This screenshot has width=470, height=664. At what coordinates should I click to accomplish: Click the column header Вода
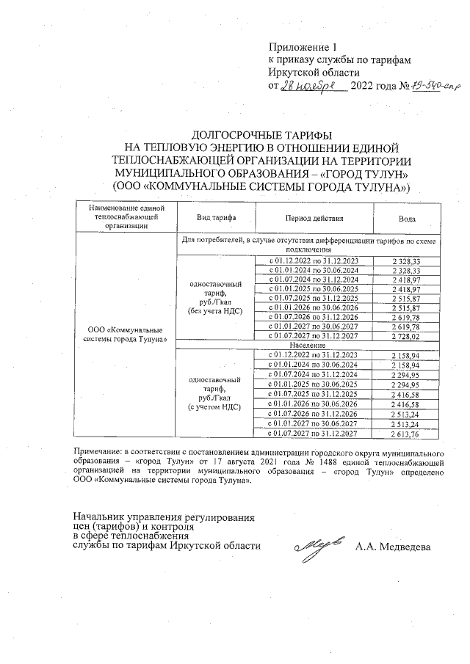point(406,218)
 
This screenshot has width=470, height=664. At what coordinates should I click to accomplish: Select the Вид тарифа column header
point(214,218)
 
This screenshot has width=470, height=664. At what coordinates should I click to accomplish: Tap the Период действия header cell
point(312,218)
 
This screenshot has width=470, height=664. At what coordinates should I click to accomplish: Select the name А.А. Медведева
point(392,547)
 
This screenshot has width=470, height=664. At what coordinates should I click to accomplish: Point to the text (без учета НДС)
point(214,310)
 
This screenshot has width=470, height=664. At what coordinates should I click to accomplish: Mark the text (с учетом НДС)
point(214,406)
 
